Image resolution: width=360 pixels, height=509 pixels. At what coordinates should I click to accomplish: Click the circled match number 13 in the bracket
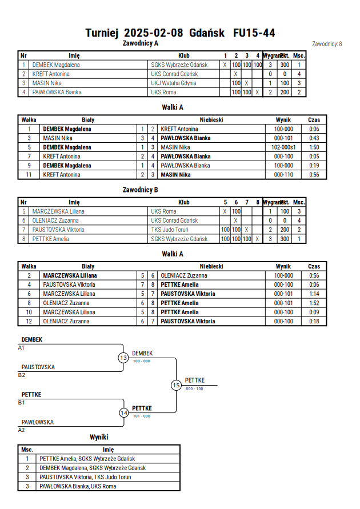point(123,358)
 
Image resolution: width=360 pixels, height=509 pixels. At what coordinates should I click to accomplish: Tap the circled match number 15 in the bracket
point(176,386)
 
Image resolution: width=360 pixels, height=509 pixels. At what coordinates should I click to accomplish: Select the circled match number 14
point(123,413)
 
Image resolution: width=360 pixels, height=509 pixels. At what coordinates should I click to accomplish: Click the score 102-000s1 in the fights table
point(283,147)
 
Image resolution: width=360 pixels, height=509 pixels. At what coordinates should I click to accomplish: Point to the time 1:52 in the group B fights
point(314,303)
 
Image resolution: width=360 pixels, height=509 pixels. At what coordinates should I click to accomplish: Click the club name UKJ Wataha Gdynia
point(173,83)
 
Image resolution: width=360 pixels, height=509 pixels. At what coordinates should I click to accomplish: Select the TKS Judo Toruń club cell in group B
point(170,230)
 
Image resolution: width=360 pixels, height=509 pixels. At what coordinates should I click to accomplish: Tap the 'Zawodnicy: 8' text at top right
point(327,44)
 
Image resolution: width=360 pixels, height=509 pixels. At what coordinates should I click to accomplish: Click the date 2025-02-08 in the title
point(154,33)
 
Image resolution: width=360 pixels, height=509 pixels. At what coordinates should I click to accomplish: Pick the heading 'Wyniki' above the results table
point(99,437)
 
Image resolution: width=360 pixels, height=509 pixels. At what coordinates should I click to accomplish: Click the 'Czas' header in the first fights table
point(314,120)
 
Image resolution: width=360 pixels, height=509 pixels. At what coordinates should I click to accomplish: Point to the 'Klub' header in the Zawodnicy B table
point(184,202)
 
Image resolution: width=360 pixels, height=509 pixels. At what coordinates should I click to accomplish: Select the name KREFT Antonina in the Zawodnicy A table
point(51,74)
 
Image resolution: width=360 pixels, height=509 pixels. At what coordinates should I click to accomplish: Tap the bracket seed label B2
point(21,375)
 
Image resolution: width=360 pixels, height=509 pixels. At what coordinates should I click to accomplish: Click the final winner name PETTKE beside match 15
point(195,380)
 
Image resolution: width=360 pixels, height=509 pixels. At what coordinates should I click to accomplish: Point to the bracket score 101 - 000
point(142,416)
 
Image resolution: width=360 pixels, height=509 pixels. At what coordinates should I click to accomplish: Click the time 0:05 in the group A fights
point(314,157)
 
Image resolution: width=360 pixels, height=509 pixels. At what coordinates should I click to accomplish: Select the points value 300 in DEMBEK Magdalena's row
point(285,65)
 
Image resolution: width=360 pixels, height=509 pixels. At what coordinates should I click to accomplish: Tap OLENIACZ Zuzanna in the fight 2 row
point(184,275)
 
